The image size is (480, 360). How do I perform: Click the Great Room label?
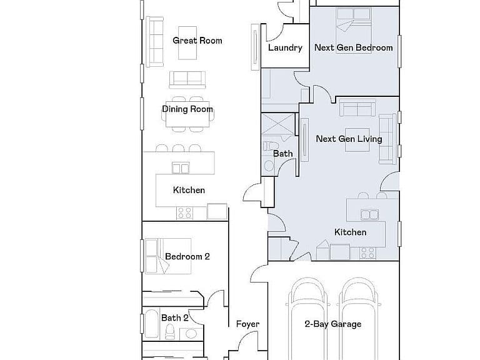coord(197,41)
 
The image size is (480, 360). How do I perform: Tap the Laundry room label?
coord(285,47)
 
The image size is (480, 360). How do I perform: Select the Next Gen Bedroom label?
coord(354,47)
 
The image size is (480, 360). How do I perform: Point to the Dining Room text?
coord(187,109)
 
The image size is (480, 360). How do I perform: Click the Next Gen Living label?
coord(349,139)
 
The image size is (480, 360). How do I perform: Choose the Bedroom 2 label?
coord(187,256)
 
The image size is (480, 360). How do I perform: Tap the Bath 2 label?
coord(175,318)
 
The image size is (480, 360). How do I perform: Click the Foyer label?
coord(247,324)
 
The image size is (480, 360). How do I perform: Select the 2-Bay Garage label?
coord(333,324)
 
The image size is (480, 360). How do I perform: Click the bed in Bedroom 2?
coord(167,256)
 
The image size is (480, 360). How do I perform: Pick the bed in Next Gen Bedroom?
coord(354,30)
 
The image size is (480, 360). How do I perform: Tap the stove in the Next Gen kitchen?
coord(367,253)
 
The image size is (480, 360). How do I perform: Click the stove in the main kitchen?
coord(184,212)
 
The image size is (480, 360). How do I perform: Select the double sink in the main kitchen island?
coord(180,168)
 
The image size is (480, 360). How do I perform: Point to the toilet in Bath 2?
coord(170,332)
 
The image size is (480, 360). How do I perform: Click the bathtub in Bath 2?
coord(152,324)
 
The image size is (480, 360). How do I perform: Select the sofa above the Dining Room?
coord(187,80)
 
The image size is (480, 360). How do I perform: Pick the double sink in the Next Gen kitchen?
coord(370,214)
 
